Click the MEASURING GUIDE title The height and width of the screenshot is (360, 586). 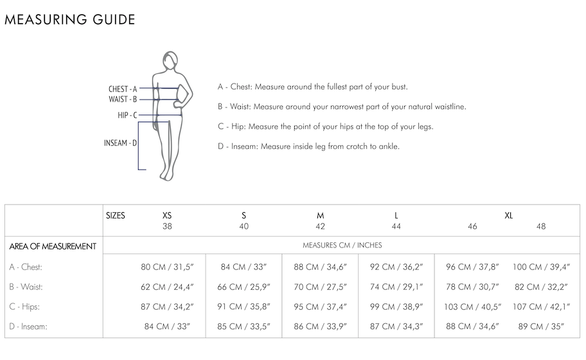(70, 19)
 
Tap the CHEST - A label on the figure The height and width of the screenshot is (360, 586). (123, 89)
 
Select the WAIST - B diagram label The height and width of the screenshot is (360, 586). (123, 99)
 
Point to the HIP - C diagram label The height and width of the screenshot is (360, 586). (127, 115)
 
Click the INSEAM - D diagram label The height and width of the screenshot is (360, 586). (120, 143)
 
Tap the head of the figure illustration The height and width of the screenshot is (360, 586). (170, 60)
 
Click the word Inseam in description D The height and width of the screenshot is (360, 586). (244, 146)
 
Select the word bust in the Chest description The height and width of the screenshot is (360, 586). (399, 87)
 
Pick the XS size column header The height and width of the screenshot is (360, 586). (167, 215)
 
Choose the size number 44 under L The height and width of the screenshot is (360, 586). (396, 226)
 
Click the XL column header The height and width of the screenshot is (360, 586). (509, 215)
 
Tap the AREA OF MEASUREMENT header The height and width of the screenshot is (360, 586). (53, 246)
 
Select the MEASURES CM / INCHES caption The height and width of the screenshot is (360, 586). (342, 245)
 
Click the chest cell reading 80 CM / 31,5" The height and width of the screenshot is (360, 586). (167, 267)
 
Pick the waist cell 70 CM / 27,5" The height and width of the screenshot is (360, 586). (320, 287)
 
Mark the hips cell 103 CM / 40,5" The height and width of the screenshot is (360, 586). (472, 307)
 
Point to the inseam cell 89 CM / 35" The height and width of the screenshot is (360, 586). (541, 327)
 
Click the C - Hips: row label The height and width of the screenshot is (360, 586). (24, 307)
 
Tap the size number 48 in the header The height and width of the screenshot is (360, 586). (541, 226)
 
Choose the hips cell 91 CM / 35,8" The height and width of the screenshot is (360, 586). (244, 307)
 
